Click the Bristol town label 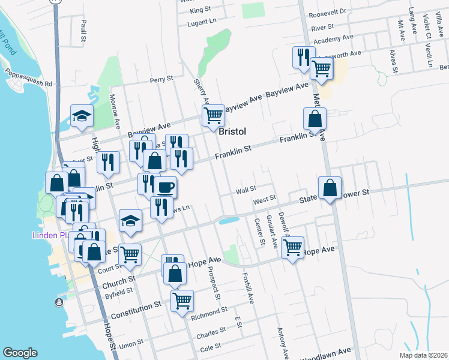pos(233,131)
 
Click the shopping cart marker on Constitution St pos(182,299)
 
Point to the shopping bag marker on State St pos(330,188)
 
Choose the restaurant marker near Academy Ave pos(301,56)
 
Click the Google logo pos(20,353)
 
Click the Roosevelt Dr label pos(327,11)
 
